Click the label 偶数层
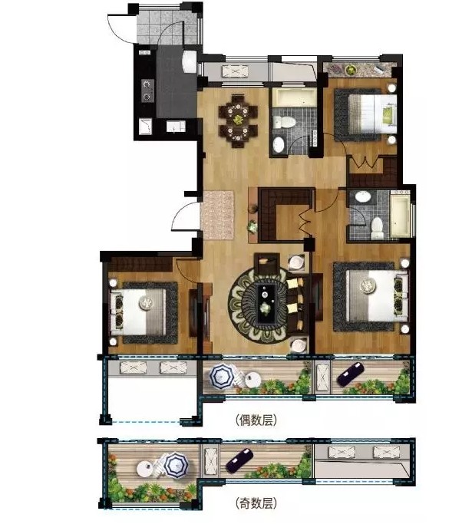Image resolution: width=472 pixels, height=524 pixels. [256, 420]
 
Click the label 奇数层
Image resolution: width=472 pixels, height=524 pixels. [256, 503]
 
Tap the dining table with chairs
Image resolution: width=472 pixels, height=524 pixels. [238, 121]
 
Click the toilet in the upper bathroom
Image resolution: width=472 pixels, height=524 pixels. [283, 122]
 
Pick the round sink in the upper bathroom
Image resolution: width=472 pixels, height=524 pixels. [279, 144]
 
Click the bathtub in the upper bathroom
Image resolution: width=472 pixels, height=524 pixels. [294, 97]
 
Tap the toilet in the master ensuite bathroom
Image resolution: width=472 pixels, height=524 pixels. [377, 229]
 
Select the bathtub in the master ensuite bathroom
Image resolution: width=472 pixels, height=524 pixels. [400, 214]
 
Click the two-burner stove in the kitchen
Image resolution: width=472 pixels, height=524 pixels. [147, 91]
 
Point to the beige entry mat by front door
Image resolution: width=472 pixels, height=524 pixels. [217, 215]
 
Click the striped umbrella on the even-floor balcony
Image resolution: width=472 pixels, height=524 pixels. [222, 376]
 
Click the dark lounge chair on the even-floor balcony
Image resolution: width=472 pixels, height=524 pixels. [351, 374]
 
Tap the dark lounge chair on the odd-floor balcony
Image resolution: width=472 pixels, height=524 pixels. [239, 460]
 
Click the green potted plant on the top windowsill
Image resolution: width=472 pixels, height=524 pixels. [351, 70]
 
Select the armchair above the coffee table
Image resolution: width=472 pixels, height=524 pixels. [266, 262]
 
